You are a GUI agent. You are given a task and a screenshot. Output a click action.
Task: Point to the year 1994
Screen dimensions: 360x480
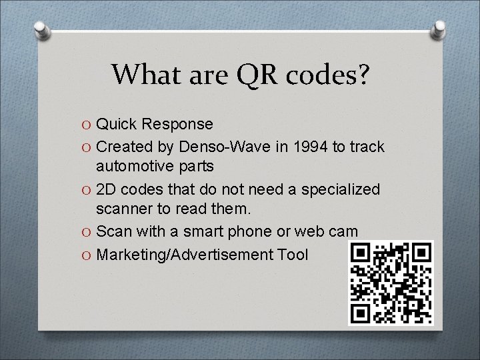[x=313, y=146]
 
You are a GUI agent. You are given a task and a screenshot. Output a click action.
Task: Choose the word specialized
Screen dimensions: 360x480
[x=341, y=189]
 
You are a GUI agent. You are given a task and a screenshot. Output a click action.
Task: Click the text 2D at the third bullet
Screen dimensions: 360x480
[x=107, y=189]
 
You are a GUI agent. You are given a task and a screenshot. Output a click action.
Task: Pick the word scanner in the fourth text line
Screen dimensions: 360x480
[x=123, y=209]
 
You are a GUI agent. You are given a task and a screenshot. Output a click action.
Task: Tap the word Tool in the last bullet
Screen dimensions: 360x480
[x=294, y=254]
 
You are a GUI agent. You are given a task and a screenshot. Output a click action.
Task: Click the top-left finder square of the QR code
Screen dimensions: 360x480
[x=361, y=253]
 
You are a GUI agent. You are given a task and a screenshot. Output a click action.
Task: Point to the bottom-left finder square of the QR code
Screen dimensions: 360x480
[x=361, y=313]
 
